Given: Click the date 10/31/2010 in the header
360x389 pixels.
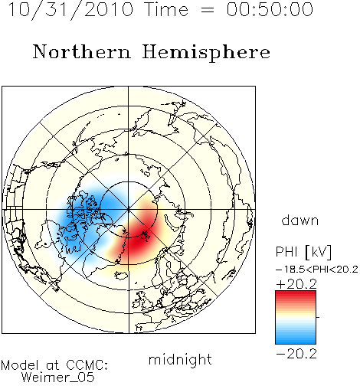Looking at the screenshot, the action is coord(70,10).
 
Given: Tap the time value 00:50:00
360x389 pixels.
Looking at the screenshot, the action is coord(270,9).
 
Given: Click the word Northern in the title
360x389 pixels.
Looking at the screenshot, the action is coord(82,51).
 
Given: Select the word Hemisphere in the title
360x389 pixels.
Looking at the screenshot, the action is coord(206,53).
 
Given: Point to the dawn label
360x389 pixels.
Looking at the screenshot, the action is coord(300,220).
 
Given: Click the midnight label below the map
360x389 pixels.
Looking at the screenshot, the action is coord(180,360).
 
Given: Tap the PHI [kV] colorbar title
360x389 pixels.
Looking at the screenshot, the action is coord(303,252).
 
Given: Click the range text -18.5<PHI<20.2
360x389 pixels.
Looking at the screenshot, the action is coord(317,270).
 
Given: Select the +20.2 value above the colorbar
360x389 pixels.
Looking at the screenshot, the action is coord(296,284).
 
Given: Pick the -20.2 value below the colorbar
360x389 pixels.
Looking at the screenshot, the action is coord(296,354).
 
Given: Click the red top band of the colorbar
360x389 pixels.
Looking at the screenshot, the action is coord(296,294).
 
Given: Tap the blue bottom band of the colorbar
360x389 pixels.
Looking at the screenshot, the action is coord(296,340).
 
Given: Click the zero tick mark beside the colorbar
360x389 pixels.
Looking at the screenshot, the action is coord(318,317).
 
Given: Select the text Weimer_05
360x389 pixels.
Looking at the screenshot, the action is coord(58,378).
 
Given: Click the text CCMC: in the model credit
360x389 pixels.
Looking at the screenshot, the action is coord(87,365).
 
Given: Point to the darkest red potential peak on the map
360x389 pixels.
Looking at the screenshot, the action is coord(139,239).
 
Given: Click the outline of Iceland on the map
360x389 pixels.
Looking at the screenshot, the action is coord(122,275).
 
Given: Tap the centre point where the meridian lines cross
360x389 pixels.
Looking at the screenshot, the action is coord(129,210).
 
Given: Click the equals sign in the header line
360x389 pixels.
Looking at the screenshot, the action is coord(207,10).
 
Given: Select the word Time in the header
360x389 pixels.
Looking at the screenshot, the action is coord(166,9).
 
